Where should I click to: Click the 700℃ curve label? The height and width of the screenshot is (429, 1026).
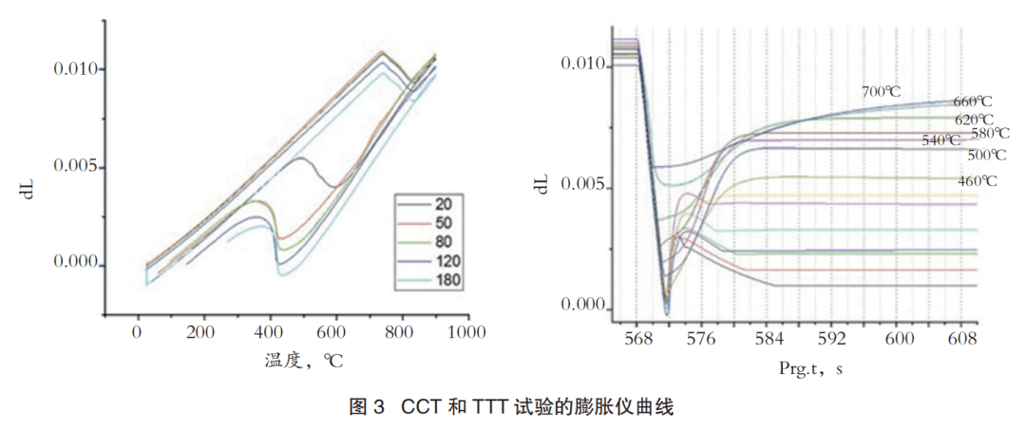click(x=881, y=92)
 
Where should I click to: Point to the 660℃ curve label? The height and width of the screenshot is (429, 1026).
click(x=972, y=102)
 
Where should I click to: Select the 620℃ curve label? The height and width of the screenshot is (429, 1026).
click(x=975, y=120)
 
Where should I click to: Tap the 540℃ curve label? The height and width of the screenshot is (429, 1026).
click(x=941, y=140)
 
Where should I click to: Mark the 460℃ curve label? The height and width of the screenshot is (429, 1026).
click(x=978, y=180)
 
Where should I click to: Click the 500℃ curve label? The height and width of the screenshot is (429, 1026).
click(x=985, y=155)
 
